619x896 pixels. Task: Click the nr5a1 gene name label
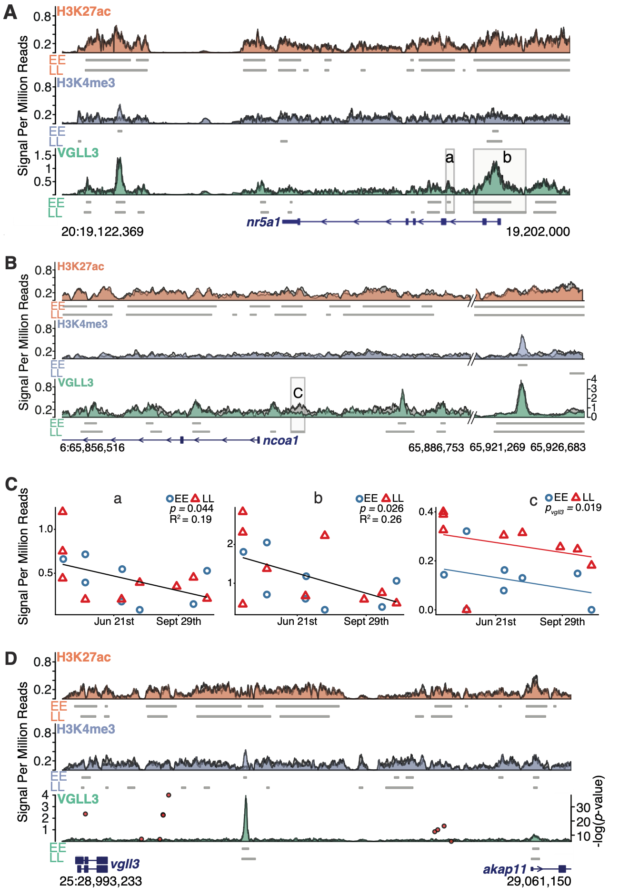(x=263, y=222)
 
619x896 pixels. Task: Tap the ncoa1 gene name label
(x=280, y=440)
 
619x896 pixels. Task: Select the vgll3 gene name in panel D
(x=125, y=864)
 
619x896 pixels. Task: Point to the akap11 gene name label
(x=505, y=869)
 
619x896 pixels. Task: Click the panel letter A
(x=10, y=12)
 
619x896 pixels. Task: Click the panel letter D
(x=10, y=659)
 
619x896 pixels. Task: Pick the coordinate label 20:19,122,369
(x=102, y=232)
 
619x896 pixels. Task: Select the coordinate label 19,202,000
(x=538, y=232)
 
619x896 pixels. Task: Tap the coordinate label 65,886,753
(x=436, y=448)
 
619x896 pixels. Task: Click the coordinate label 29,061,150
(x=539, y=881)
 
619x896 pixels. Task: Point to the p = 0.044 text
(x=191, y=509)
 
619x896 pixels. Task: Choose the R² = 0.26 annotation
(x=380, y=519)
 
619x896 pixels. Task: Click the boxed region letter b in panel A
(x=507, y=157)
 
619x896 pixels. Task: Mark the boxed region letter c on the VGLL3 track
(x=298, y=393)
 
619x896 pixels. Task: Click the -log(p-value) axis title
(x=599, y=811)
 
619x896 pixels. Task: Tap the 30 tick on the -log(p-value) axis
(x=583, y=807)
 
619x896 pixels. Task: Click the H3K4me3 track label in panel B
(x=82, y=324)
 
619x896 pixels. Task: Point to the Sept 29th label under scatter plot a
(x=179, y=621)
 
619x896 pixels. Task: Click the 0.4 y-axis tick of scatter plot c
(x=426, y=512)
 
